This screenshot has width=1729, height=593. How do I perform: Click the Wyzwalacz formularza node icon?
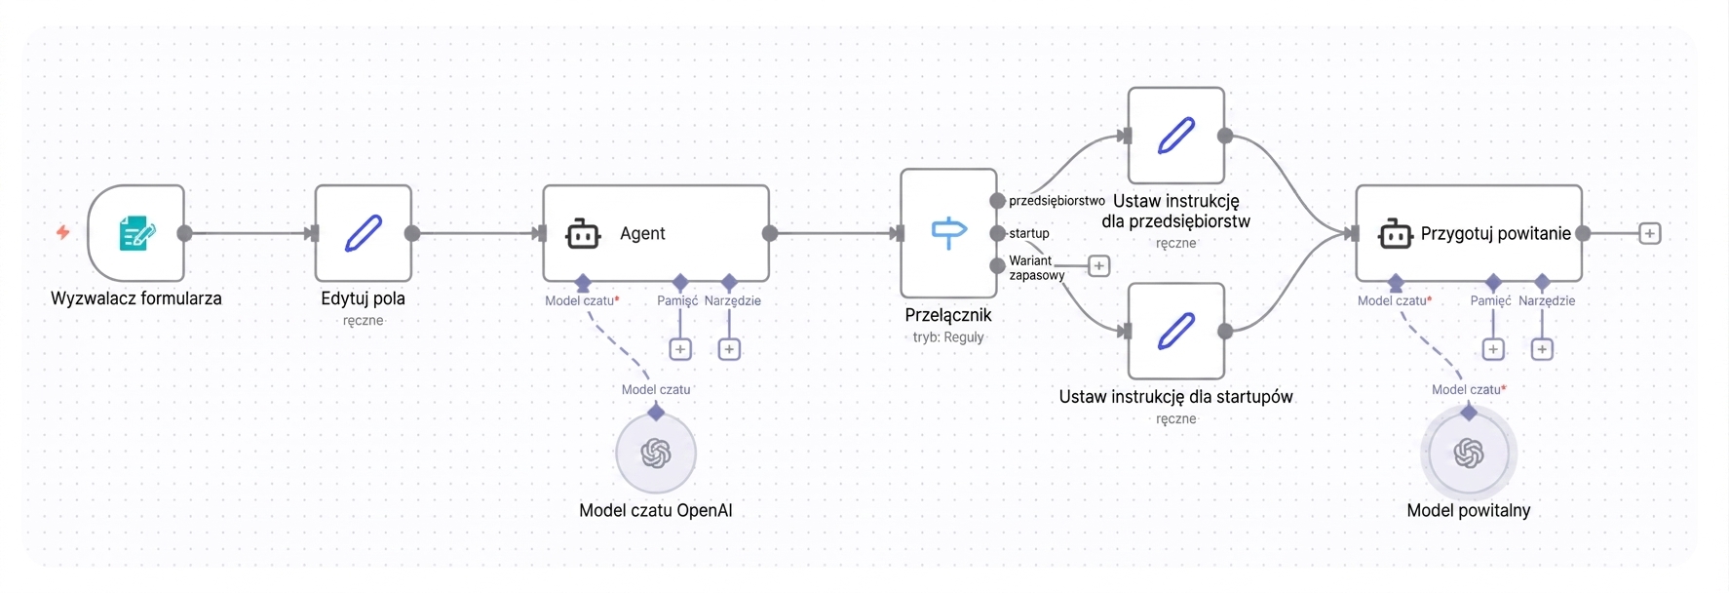click(136, 233)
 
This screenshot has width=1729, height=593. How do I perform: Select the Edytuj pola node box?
click(364, 233)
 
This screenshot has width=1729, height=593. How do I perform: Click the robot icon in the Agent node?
click(583, 234)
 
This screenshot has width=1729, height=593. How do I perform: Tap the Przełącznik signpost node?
click(948, 233)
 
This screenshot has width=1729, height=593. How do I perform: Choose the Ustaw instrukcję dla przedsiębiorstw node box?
click(1176, 136)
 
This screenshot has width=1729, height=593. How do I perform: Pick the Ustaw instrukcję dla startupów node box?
click(1176, 331)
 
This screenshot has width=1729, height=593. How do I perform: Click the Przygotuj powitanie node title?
click(1495, 234)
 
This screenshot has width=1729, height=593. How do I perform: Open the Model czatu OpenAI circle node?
click(656, 453)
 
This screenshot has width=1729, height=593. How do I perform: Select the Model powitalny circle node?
click(1469, 453)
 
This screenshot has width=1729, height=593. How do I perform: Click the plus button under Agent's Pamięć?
click(680, 349)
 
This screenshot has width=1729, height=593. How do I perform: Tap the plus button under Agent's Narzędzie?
click(729, 349)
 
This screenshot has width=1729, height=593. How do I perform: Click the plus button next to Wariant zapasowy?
click(1098, 265)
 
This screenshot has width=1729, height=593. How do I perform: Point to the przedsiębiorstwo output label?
click(1057, 201)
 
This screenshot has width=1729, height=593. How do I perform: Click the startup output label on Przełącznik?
click(1029, 233)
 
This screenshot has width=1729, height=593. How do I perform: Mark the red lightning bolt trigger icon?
click(62, 232)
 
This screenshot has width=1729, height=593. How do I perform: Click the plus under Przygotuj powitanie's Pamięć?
click(1493, 349)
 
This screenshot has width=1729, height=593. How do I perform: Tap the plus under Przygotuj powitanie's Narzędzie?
click(1542, 349)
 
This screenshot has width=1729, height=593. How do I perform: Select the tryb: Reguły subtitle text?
click(948, 337)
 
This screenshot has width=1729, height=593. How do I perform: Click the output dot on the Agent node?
click(770, 233)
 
